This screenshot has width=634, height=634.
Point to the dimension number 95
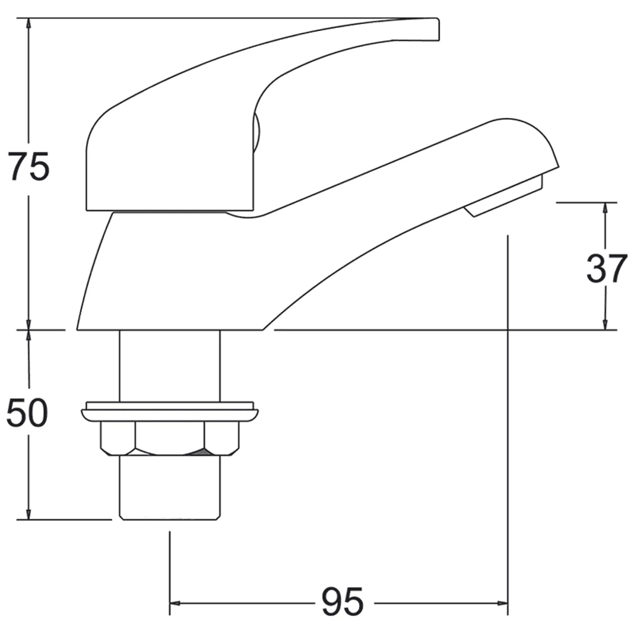342,601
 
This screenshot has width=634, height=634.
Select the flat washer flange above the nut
170,412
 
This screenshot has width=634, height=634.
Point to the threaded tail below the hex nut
170,488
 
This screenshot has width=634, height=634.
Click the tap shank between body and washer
170,365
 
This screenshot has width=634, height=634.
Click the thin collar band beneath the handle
168,212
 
